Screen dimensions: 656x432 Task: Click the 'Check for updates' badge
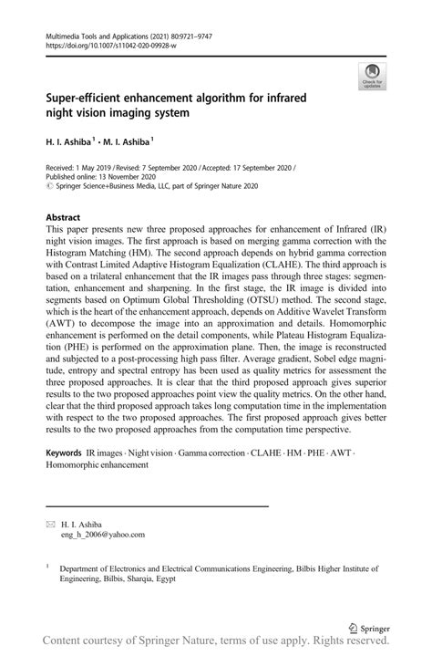(x=372, y=76)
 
